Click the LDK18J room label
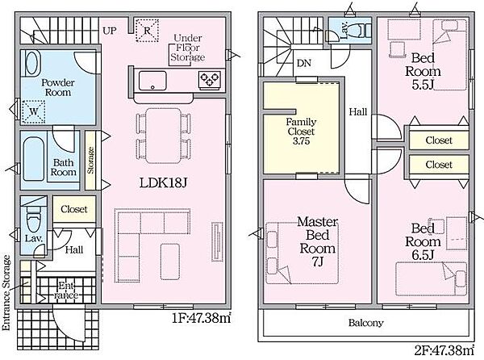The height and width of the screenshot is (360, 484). [x=163, y=183]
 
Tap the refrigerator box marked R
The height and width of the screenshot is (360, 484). [x=148, y=30]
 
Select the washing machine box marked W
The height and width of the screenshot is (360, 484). [x=34, y=111]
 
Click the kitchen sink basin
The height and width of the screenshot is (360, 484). [x=152, y=81]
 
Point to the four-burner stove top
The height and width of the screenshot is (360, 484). [x=210, y=80]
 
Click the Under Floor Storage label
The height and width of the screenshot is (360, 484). [x=188, y=48]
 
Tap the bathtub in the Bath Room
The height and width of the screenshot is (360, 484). [x=34, y=159]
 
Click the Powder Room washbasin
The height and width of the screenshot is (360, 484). [x=31, y=63]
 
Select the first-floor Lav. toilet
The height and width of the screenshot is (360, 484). [x=33, y=218]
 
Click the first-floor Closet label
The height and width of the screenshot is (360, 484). [x=74, y=209]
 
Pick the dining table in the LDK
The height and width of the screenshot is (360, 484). [x=164, y=136]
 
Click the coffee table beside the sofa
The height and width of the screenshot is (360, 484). [x=170, y=262]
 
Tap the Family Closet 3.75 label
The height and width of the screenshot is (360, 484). [x=301, y=132]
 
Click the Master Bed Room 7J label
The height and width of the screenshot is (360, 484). [x=318, y=242]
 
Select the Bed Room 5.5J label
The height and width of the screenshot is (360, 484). [x=423, y=71]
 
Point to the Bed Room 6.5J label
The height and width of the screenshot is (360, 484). [x=423, y=242]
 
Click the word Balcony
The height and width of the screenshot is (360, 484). [x=365, y=323]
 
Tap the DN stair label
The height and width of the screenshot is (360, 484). [x=304, y=63]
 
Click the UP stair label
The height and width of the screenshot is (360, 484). [x=110, y=31]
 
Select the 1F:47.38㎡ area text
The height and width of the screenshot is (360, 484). [x=201, y=318]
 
